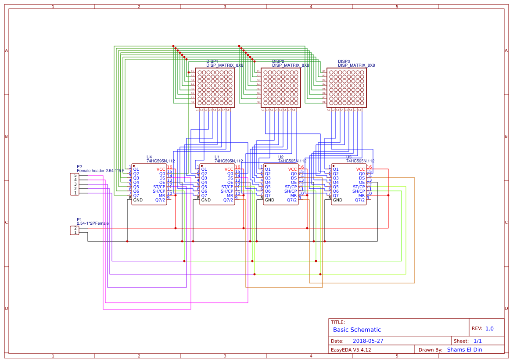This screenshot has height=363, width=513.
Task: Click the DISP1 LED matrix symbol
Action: [215, 87]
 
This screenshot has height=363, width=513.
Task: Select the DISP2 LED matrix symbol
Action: [280, 87]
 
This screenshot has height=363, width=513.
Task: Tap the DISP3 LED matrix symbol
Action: [346, 87]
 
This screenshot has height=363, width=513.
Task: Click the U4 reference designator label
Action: [149, 157]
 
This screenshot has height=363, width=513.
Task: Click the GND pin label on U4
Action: [138, 200]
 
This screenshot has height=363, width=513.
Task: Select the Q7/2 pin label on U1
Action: [228, 200]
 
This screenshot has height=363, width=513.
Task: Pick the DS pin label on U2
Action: [294, 178]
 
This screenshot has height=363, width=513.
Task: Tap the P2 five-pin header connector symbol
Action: [75, 184]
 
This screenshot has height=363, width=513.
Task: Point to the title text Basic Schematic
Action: [357, 330]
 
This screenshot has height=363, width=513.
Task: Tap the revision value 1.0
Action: [489, 328]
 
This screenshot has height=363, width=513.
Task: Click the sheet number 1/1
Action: [477, 341]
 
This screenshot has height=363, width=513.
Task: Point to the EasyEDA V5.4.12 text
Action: [351, 350]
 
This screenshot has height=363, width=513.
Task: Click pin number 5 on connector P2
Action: [75, 176]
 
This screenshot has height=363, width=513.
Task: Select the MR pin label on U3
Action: [362, 195]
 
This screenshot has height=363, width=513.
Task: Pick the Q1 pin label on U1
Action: [204, 169]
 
